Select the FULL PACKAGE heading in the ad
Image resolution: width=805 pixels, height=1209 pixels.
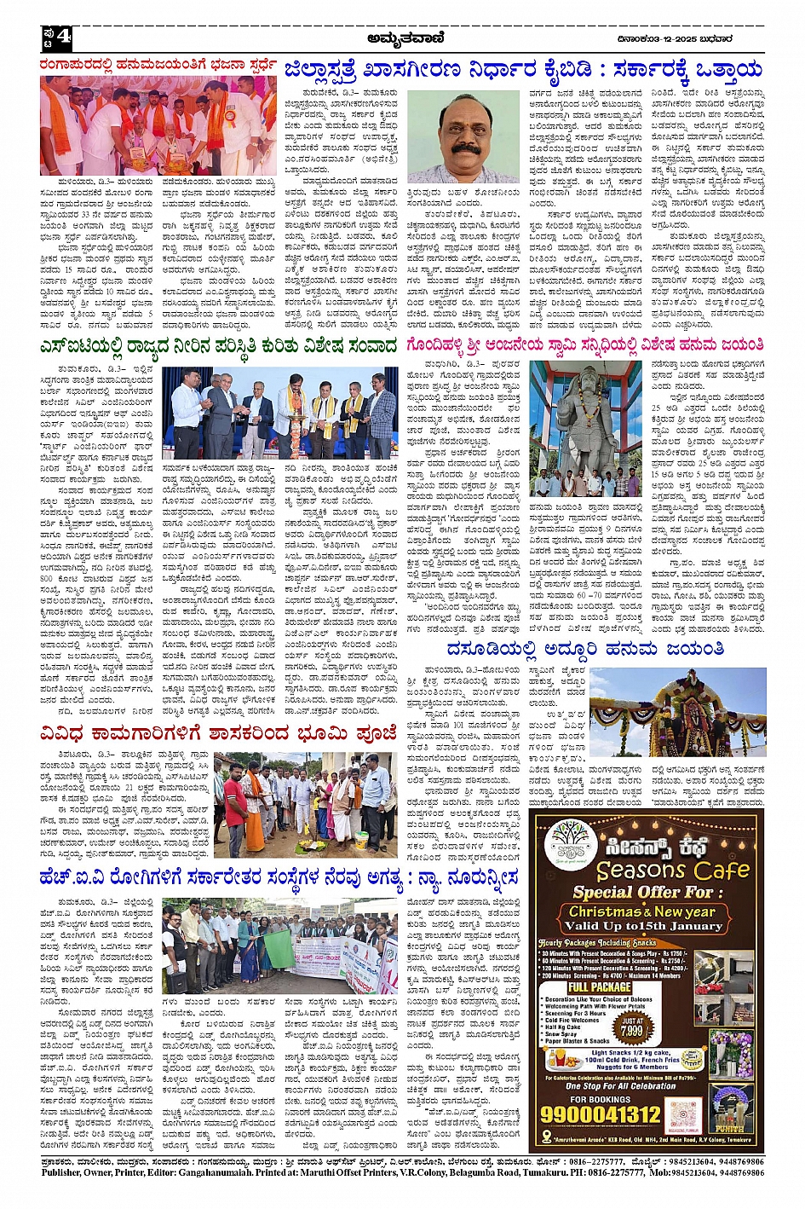click(600, 987)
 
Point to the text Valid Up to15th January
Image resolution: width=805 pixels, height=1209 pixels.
click(642, 925)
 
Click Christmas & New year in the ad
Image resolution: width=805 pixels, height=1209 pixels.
click(642, 911)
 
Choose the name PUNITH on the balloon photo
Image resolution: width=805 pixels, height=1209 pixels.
click(729, 1128)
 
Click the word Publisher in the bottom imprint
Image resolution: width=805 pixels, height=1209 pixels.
click(66, 1173)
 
